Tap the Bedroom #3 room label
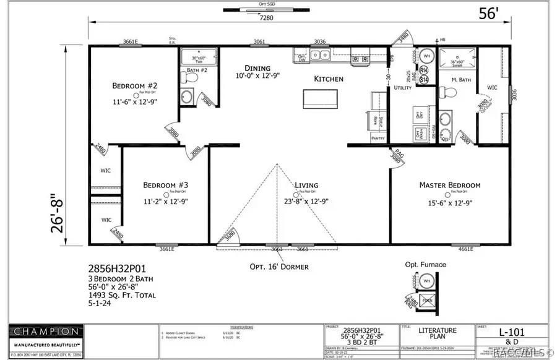pyautogui.click(x=166, y=185)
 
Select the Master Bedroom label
pyautogui.click(x=449, y=185)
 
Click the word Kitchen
pyautogui.click(x=329, y=79)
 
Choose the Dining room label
pyautogui.click(x=257, y=68)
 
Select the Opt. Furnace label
pyautogui.click(x=425, y=265)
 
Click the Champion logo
pyautogui.click(x=43, y=332)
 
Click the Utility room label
pyautogui.click(x=403, y=88)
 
